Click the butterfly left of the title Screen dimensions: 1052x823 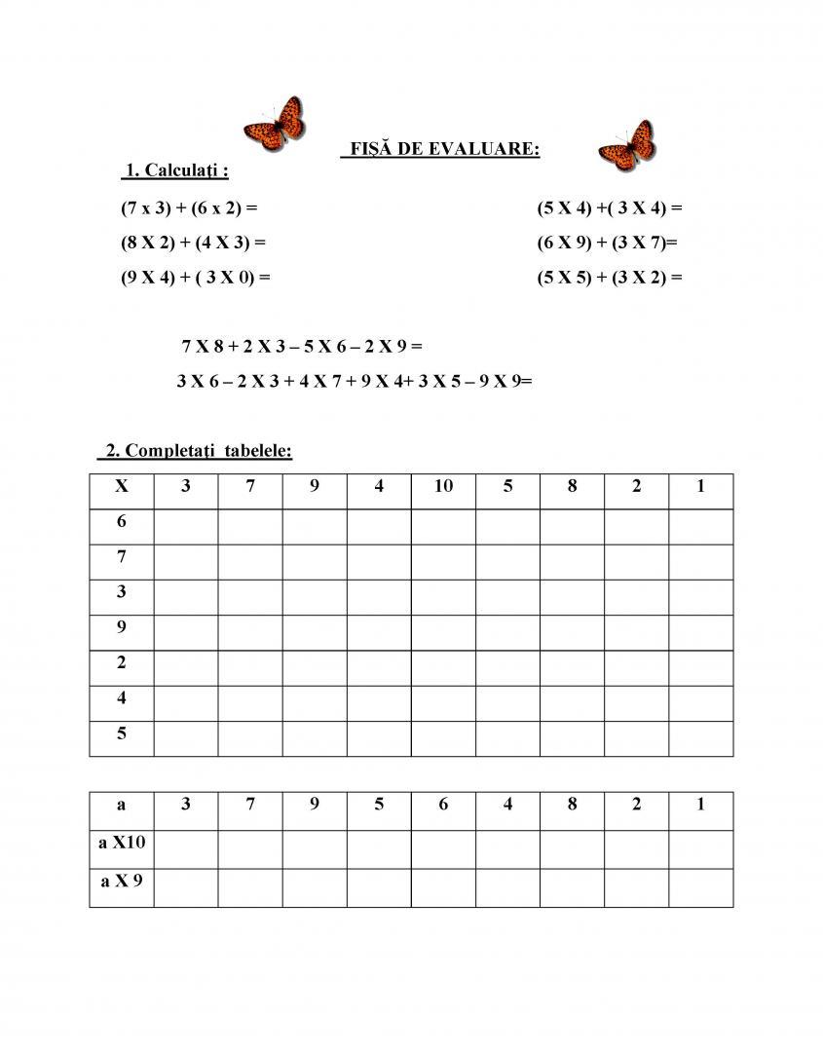(x=275, y=124)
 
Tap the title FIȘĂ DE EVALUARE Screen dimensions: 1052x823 (x=440, y=149)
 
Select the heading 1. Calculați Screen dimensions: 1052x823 (x=176, y=170)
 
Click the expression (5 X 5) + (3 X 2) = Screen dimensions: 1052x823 (x=609, y=277)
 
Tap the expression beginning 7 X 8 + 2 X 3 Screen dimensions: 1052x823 (x=302, y=346)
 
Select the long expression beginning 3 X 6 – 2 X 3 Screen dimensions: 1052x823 (x=355, y=381)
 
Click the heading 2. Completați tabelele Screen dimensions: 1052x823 (x=195, y=451)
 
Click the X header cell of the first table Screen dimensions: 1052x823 (x=122, y=486)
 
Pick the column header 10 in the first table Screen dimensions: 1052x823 (x=443, y=486)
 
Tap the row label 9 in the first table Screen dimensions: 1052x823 (x=122, y=627)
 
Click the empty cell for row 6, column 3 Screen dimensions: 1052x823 (x=186, y=526)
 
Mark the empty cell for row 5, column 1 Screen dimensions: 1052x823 (x=700, y=738)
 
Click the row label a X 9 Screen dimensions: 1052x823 (x=122, y=882)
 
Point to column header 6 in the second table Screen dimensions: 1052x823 (x=443, y=805)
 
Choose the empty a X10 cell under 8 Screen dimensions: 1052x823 (x=572, y=848)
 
